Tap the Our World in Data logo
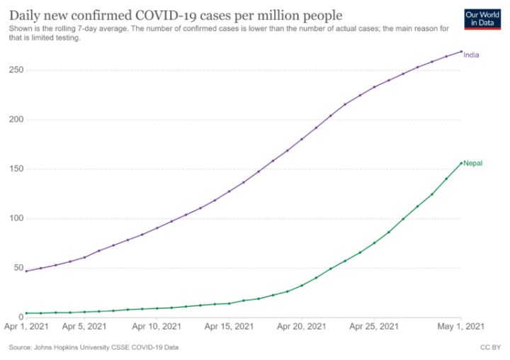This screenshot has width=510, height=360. click(480, 19)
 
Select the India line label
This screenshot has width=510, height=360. click(472, 55)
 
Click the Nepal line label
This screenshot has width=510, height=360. click(473, 164)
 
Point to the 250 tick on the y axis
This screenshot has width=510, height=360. click(15, 70)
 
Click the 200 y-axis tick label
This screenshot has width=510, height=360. click(15, 120)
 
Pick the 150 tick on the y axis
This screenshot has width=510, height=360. click(15, 169)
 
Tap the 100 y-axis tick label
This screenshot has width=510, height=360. click(15, 219)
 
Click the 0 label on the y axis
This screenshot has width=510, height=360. click(19, 317)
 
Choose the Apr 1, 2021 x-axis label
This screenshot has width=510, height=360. click(26, 327)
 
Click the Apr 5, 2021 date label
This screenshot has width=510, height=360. click(85, 327)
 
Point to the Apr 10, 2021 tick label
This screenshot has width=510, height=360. click(157, 327)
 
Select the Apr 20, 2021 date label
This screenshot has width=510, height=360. click(302, 327)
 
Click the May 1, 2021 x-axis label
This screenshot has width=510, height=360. click(461, 327)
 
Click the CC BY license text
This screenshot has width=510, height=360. click(491, 348)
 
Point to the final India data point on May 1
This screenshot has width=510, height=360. click(461, 51)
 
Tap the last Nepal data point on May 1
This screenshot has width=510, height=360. click(461, 163)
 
